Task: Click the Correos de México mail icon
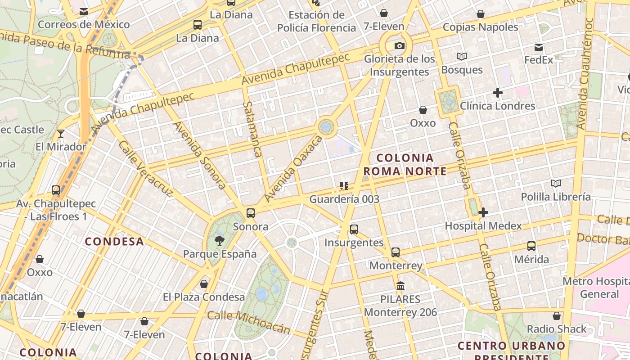point(84,12)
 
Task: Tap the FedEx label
point(539,59)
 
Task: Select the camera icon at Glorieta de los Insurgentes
point(399,45)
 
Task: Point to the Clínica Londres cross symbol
point(497,93)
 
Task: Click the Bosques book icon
point(461,57)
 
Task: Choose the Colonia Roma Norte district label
point(405,164)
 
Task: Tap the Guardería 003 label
point(344,199)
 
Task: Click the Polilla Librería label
point(556,197)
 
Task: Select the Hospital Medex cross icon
point(483,212)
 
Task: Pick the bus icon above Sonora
point(251,213)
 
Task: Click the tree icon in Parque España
point(220,241)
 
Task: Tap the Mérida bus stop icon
point(531,246)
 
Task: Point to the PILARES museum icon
point(400,286)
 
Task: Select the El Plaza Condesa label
point(204,297)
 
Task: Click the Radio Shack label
point(557,329)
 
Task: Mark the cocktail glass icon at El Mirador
point(61,134)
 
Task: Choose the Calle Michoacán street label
point(249,321)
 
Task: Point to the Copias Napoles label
point(481,27)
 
